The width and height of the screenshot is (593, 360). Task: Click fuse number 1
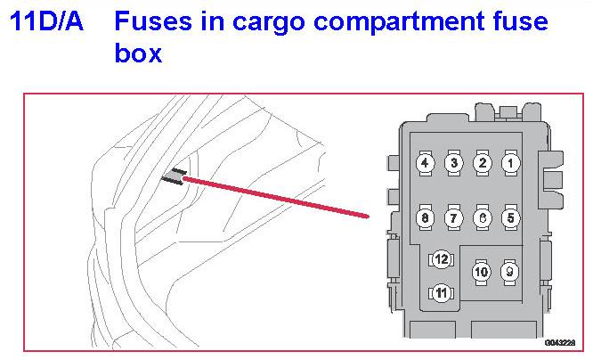click(x=510, y=163)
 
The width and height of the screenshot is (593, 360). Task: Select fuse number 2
click(x=482, y=163)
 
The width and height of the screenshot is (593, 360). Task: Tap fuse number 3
click(x=453, y=163)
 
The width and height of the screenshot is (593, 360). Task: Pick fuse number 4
click(x=426, y=163)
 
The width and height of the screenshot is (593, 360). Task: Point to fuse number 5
click(x=510, y=217)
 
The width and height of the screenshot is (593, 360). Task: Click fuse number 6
click(x=482, y=217)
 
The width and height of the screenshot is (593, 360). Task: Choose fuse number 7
click(x=453, y=217)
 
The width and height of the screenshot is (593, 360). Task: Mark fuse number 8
click(x=426, y=217)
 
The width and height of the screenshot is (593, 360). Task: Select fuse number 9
click(x=509, y=270)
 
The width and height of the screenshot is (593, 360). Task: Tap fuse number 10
click(x=481, y=271)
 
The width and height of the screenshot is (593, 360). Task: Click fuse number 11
click(x=440, y=291)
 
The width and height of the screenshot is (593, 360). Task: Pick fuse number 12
click(x=440, y=259)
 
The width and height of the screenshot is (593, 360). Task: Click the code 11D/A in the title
click(x=46, y=22)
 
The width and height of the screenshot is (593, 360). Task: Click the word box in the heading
click(x=138, y=53)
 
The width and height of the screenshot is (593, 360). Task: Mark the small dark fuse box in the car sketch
click(x=174, y=176)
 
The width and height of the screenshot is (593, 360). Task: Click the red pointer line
click(x=276, y=197)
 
